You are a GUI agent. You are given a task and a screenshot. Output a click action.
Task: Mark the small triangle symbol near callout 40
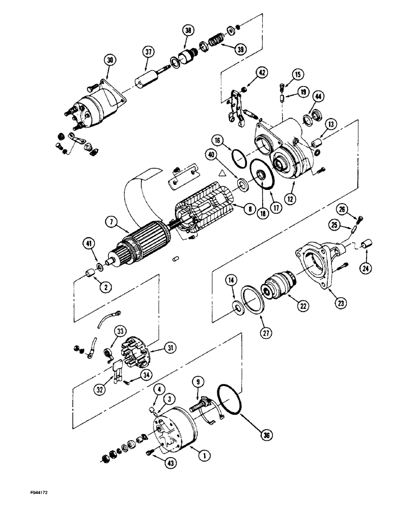tap(221, 174)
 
